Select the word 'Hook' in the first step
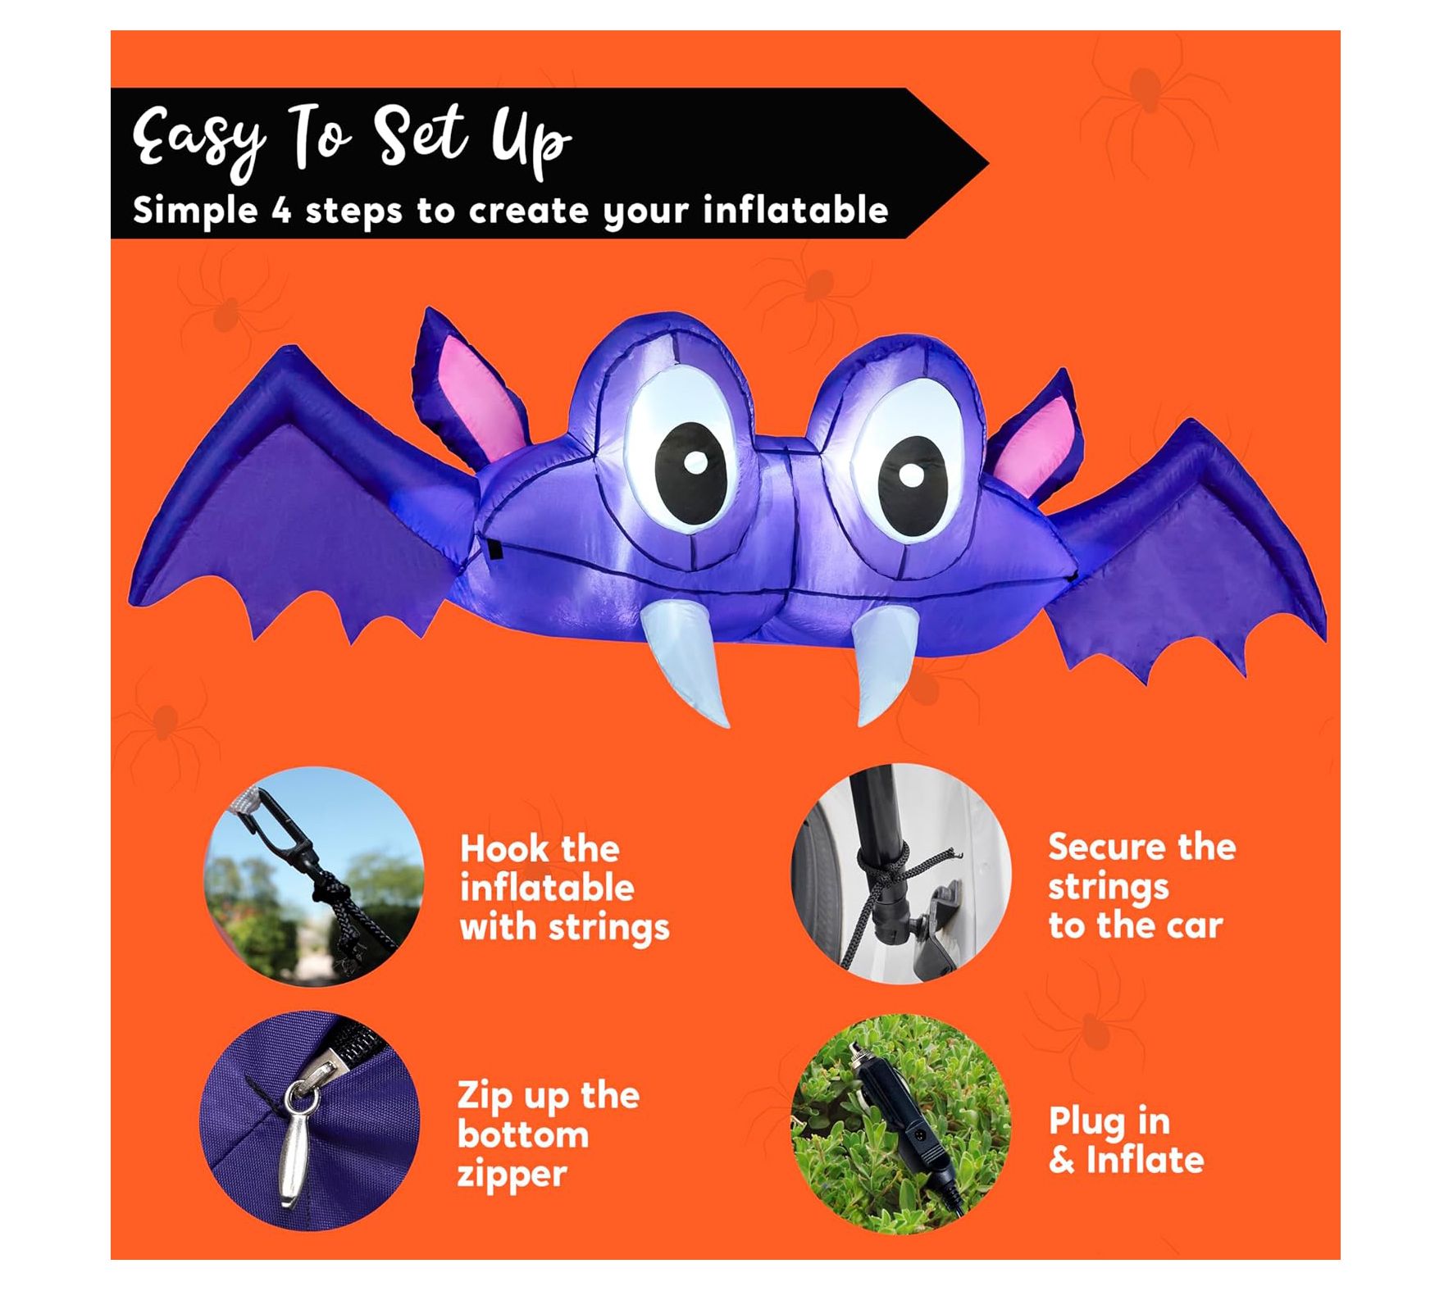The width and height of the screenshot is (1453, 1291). pyautogui.click(x=539, y=849)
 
